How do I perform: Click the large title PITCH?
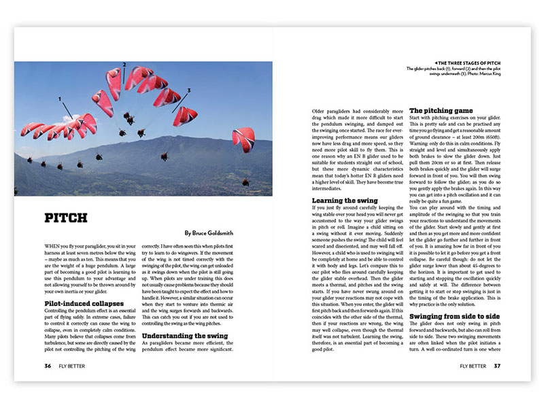tap(68, 218)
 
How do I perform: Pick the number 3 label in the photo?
tap(188, 90)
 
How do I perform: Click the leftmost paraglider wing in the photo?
tap(31, 128)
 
